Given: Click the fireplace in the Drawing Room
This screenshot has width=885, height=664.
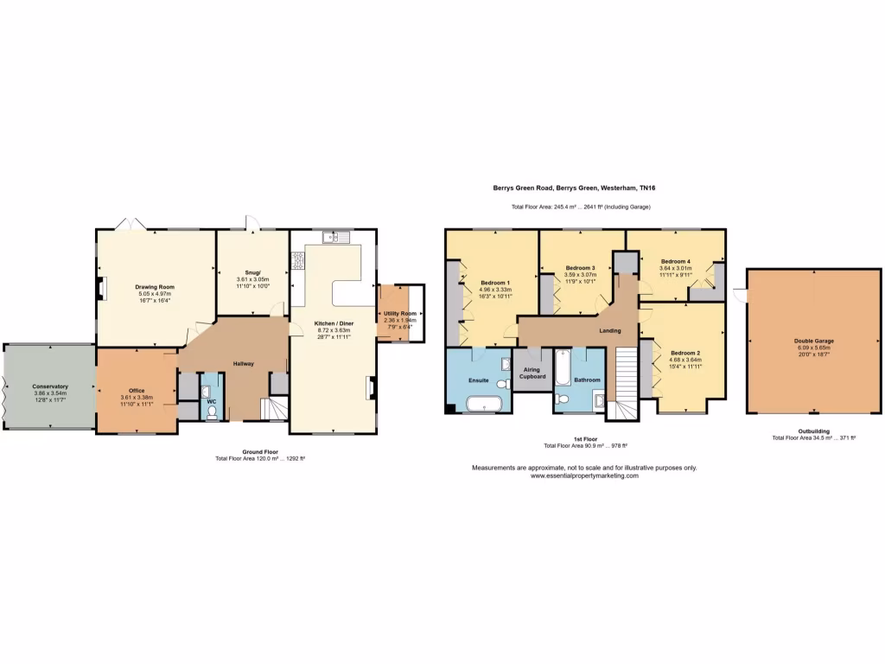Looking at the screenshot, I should coord(102,289).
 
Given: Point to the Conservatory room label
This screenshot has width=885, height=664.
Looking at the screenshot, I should coord(50,386).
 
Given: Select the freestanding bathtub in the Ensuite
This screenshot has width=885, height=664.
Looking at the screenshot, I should coord(484,403).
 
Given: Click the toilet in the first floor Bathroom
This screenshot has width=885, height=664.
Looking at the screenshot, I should coord(563,399).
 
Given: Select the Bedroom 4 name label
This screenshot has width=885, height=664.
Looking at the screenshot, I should coord(676,261).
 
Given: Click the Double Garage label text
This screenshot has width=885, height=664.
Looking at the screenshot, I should coord(813,341).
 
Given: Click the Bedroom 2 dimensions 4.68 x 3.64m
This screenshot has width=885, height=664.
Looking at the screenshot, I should coord(684,361).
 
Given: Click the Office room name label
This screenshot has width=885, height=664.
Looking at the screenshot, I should coord(137,390).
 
